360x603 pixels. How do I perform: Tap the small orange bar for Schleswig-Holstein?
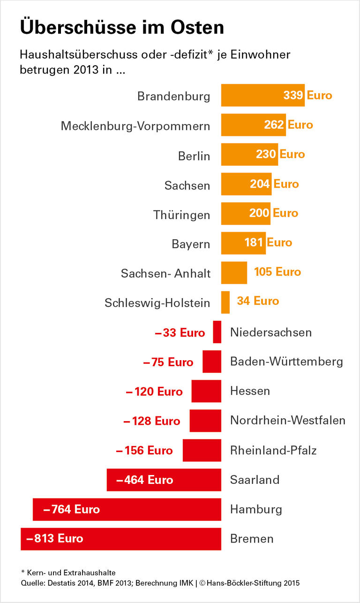click(225, 302)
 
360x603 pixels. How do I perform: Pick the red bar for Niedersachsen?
click(217, 332)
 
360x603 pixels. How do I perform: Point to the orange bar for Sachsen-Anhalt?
click(234, 272)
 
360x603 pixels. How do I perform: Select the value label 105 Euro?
click(277, 272)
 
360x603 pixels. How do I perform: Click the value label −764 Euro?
click(71, 509)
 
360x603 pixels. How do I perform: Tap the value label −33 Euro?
click(180, 333)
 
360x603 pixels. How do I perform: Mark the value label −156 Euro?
click(144, 451)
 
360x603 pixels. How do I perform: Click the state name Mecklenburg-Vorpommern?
click(135, 126)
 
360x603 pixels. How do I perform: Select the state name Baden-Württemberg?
click(286, 362)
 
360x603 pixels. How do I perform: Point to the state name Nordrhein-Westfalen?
click(288, 421)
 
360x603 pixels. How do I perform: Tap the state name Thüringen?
click(181, 215)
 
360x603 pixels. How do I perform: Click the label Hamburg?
click(256, 509)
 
